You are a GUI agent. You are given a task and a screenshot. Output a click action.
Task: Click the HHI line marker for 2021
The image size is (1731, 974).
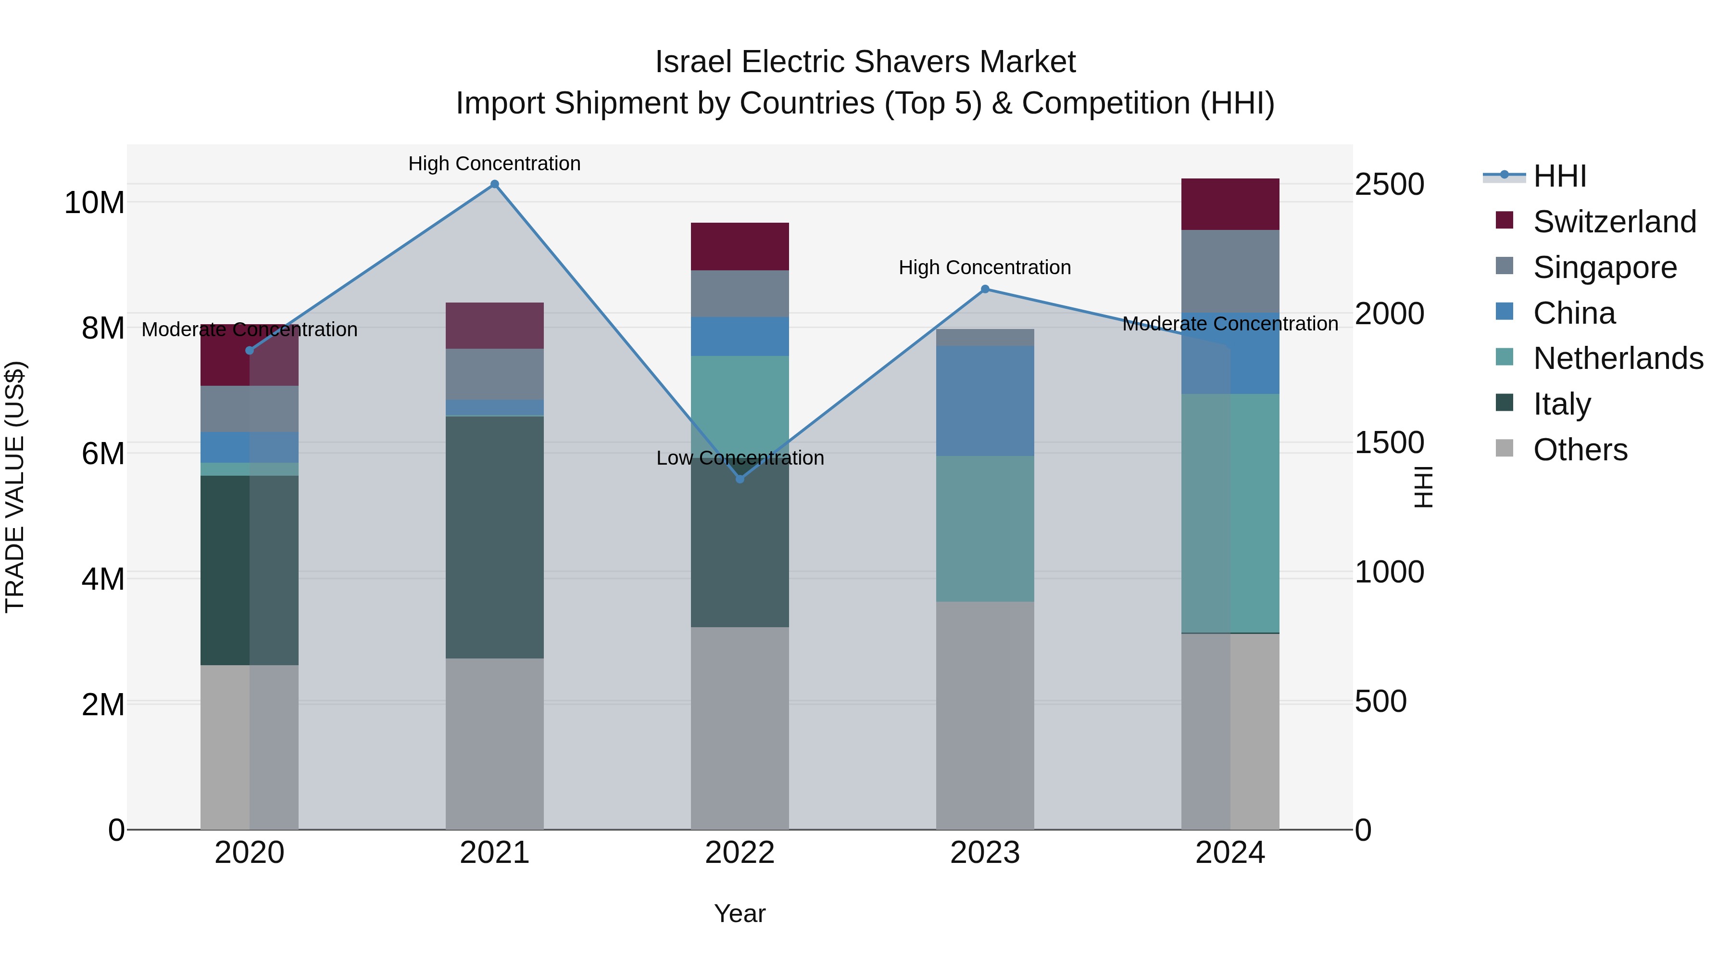495,184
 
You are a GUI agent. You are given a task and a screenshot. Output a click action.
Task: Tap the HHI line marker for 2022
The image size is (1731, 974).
740,479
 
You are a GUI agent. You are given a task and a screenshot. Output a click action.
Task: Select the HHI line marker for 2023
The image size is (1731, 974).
985,289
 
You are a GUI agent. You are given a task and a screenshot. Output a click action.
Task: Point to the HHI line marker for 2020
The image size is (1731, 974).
249,350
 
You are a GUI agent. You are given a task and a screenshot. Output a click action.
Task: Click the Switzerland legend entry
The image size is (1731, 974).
1614,222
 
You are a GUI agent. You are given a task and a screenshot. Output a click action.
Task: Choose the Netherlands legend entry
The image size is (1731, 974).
1618,358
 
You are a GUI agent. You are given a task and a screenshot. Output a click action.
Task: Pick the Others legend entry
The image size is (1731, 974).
1580,450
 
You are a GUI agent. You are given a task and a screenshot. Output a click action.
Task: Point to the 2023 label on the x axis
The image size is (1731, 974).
985,853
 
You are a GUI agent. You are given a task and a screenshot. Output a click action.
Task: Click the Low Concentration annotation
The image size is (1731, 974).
740,458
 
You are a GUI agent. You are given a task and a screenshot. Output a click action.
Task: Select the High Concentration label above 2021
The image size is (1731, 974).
495,164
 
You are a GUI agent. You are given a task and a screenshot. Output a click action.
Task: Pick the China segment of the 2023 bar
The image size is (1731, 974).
985,401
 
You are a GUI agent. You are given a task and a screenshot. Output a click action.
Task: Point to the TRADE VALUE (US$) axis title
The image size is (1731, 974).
15,487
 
